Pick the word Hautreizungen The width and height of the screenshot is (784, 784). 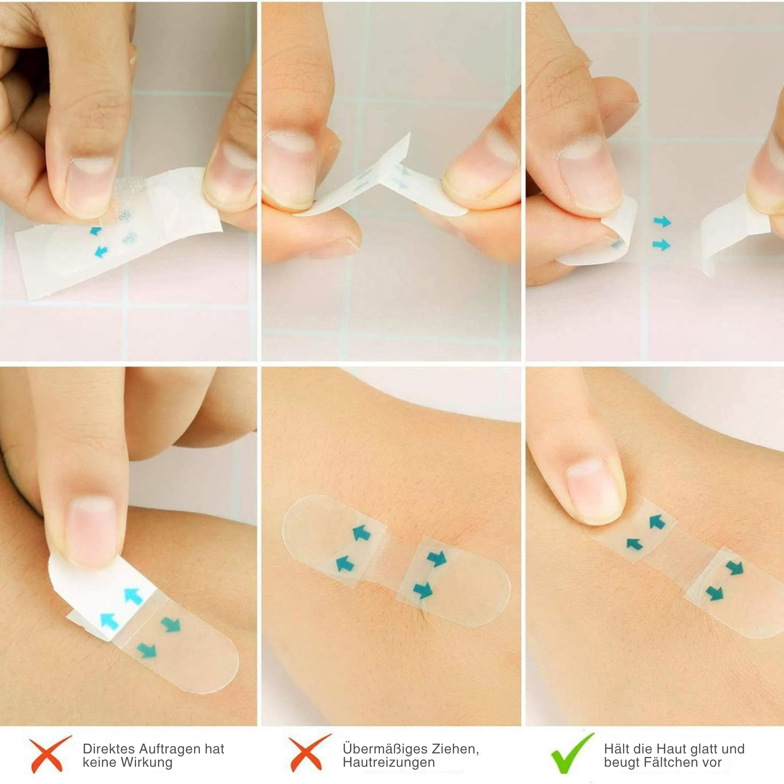389,762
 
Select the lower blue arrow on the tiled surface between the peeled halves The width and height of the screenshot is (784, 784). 661,245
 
